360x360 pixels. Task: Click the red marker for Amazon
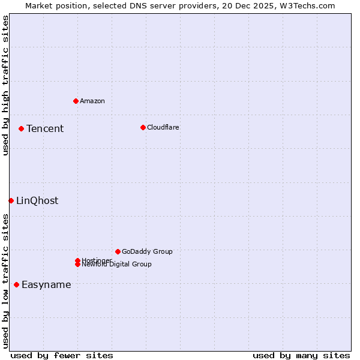tap(76, 101)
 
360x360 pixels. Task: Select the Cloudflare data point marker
tap(143, 127)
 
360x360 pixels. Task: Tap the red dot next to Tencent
tap(21, 128)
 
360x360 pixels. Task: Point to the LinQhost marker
tap(11, 200)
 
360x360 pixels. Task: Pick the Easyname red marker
tap(16, 284)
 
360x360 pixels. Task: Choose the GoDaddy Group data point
tap(118, 251)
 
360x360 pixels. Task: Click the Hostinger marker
tap(77, 260)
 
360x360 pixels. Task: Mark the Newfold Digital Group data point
tap(77, 265)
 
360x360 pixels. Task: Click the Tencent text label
tap(45, 129)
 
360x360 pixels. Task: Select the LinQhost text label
tap(37, 201)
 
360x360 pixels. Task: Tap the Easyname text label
tap(46, 285)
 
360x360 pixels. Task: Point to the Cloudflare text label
tap(163, 128)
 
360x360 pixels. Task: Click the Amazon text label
tap(92, 101)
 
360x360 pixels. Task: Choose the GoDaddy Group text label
tap(147, 252)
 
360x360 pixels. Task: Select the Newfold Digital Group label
tap(117, 265)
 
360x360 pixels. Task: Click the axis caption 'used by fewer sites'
tap(62, 356)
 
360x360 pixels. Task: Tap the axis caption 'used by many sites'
tap(301, 356)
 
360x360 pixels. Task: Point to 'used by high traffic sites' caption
tap(5, 85)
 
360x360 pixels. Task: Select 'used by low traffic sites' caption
tap(5, 281)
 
